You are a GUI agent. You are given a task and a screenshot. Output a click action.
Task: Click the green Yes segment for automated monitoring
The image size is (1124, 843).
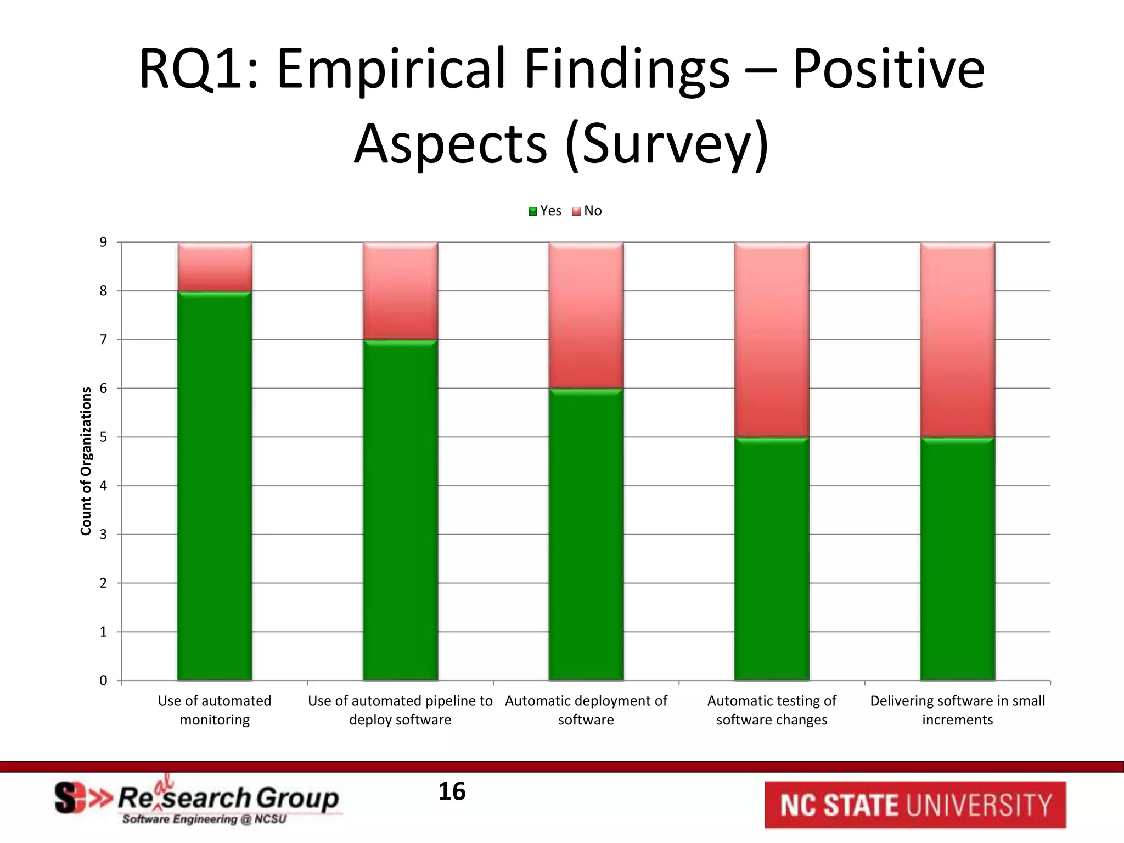coord(215,486)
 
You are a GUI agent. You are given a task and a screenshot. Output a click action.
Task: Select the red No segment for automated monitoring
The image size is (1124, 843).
coord(215,267)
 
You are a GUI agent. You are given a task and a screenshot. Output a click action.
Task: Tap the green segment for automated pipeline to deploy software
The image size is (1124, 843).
coord(400,510)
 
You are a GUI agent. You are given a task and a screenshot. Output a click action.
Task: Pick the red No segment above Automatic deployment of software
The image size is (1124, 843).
coord(586,316)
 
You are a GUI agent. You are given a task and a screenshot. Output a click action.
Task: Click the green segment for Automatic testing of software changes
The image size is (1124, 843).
coord(772,559)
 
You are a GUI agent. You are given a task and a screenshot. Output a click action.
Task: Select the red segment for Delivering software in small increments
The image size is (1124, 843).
coord(957,340)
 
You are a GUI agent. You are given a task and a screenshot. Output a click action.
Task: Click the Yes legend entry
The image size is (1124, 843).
coord(545,211)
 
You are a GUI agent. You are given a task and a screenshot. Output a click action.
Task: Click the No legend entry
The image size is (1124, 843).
coord(587,211)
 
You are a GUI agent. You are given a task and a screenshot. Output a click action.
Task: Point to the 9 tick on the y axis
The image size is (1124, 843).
coord(103,242)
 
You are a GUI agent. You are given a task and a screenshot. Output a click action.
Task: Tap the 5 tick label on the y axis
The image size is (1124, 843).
coord(103,437)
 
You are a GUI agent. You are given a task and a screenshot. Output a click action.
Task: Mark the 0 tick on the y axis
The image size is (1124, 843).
coord(103,681)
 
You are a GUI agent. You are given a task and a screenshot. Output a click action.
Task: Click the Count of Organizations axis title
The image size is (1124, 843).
coord(86,461)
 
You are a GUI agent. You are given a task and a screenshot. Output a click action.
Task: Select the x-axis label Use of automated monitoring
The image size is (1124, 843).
coord(215,710)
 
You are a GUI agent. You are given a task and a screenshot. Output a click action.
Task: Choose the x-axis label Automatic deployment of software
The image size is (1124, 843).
coord(586,710)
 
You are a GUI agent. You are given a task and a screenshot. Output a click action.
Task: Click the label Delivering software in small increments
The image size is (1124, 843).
coord(957,710)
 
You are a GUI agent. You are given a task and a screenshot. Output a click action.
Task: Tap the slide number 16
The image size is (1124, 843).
coord(452,791)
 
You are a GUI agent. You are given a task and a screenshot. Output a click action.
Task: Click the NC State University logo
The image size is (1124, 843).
coord(915,805)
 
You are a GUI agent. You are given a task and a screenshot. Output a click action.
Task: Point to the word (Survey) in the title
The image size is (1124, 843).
coord(667,144)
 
